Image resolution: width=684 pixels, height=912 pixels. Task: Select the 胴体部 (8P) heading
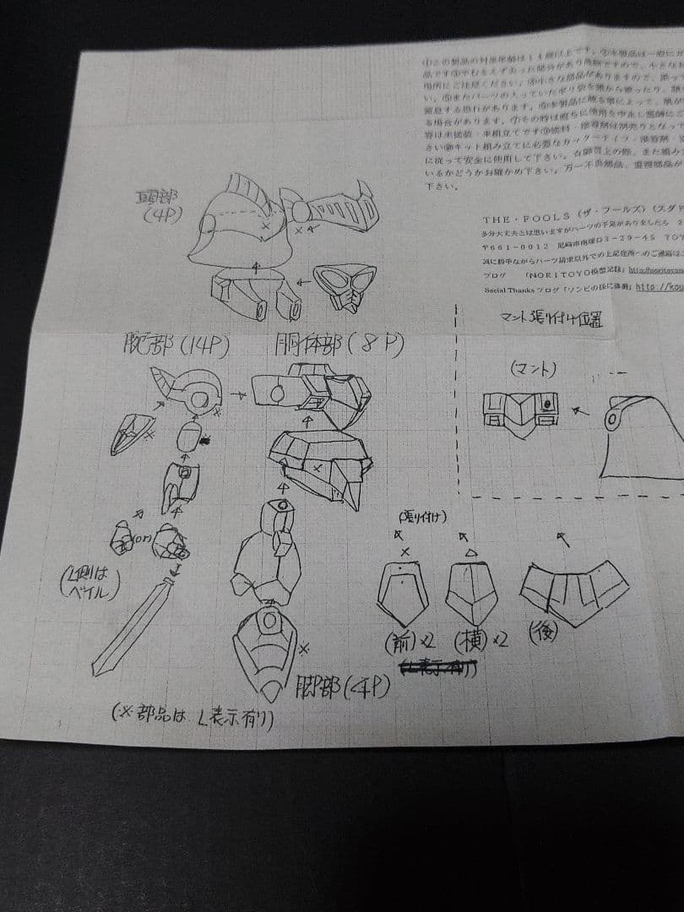(338, 346)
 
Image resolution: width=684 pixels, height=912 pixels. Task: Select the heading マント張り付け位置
(553, 320)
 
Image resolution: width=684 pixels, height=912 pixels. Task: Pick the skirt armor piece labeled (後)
(574, 591)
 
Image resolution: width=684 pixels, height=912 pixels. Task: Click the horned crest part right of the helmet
(329, 213)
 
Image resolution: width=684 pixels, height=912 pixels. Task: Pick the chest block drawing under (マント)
(520, 412)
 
